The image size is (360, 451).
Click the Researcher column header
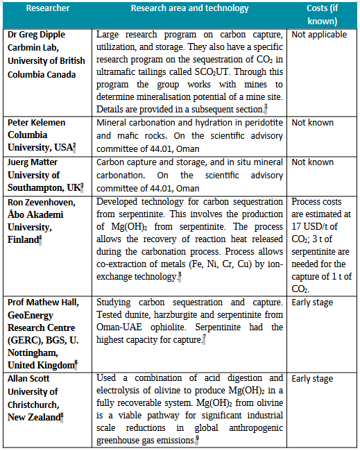(x=47, y=8)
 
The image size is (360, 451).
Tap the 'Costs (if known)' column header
(x=322, y=13)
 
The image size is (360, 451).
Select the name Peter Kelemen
(x=36, y=123)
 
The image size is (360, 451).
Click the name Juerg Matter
(x=33, y=162)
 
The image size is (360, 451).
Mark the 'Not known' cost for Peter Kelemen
(x=312, y=123)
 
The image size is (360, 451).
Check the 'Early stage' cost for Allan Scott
(x=312, y=378)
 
